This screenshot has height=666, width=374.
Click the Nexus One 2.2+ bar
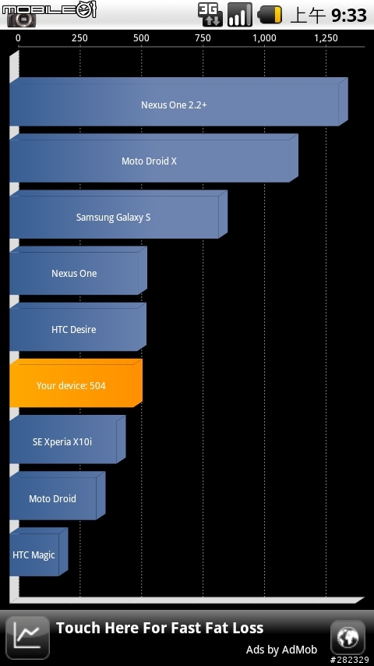click(x=178, y=102)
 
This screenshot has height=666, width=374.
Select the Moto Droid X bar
click(x=153, y=158)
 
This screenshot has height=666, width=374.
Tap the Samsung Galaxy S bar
click(x=118, y=214)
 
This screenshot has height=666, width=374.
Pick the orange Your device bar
click(x=76, y=383)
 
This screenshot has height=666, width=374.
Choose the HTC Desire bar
click(x=78, y=327)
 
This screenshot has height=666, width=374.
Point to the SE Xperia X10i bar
click(x=68, y=440)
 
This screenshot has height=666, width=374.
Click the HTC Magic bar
click(x=38, y=552)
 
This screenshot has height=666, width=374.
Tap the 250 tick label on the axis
click(x=79, y=38)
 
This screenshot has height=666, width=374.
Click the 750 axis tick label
click(x=203, y=38)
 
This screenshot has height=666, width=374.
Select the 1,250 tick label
click(x=326, y=38)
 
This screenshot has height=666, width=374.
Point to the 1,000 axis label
click(x=264, y=38)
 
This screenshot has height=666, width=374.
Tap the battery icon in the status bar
click(x=270, y=15)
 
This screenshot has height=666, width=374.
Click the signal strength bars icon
click(x=240, y=15)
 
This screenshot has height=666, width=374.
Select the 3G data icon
click(x=210, y=15)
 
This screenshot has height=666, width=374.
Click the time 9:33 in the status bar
click(x=349, y=16)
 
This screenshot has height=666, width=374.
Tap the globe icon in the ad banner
click(x=348, y=637)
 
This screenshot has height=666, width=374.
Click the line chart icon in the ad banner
click(x=27, y=637)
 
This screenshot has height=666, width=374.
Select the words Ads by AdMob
click(x=281, y=650)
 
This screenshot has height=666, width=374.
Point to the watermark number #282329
click(x=349, y=660)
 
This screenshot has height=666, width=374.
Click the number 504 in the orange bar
click(x=97, y=386)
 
